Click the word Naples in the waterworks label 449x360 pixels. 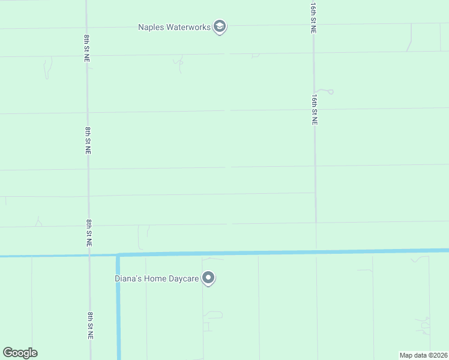(x=151, y=27)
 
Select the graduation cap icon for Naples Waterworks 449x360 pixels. (x=220, y=27)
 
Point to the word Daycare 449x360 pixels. (x=184, y=278)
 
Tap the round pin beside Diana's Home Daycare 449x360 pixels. (x=208, y=278)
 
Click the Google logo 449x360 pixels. (x=20, y=353)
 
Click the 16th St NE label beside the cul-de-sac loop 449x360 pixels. (x=314, y=109)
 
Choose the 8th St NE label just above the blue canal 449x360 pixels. (x=89, y=233)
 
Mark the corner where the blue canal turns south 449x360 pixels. (x=118, y=255)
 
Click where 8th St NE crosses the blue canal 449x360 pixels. (x=89, y=256)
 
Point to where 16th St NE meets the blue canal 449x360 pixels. (x=316, y=251)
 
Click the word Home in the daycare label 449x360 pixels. (x=156, y=278)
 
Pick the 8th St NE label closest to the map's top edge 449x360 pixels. (x=88, y=48)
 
